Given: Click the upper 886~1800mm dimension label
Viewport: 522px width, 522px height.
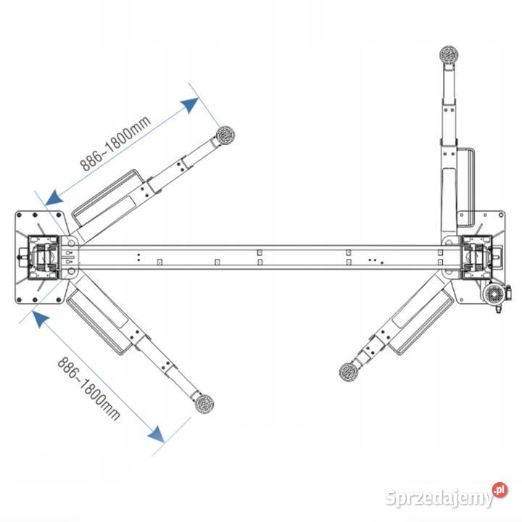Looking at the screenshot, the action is (x=115, y=144).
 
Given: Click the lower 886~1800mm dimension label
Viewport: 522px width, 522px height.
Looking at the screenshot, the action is (x=88, y=389).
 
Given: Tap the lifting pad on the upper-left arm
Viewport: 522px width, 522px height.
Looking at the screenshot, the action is (x=225, y=135).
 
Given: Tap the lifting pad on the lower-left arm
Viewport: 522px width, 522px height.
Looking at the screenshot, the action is (x=204, y=404).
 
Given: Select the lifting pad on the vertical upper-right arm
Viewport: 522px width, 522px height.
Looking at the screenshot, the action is (x=449, y=55).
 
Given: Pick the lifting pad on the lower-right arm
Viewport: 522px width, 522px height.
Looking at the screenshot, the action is (x=349, y=372).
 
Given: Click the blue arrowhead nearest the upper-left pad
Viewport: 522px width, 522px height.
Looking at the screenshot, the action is (x=190, y=105).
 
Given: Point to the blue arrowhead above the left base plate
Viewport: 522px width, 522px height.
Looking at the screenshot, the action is (x=54, y=197).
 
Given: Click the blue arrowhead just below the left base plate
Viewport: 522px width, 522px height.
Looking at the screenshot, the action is (x=41, y=318).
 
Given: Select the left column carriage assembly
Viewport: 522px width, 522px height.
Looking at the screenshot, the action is (x=43, y=257).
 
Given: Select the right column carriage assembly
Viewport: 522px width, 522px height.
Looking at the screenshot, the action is (x=477, y=257).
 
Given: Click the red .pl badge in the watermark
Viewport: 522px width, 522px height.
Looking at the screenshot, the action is (x=500, y=490).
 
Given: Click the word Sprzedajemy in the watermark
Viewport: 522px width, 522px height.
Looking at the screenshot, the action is (x=439, y=498).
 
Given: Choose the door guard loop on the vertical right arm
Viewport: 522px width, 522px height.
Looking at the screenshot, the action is (x=465, y=186).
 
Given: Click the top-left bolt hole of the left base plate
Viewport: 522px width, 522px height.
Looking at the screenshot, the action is (x=19, y=215).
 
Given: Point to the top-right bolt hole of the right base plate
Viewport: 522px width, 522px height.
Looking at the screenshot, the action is (x=501, y=215).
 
